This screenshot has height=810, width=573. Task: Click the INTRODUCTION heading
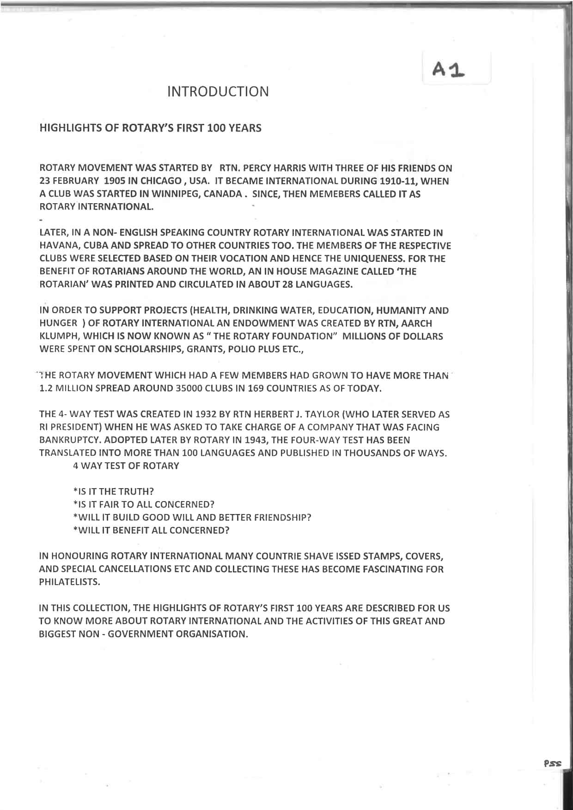point(218,91)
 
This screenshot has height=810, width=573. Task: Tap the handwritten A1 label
point(448,70)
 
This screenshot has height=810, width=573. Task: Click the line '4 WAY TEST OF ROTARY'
point(126,466)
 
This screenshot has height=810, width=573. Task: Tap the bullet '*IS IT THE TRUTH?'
point(113,491)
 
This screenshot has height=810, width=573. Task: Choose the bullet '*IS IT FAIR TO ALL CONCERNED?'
point(144,504)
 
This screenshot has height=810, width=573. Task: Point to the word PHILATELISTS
point(69,582)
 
